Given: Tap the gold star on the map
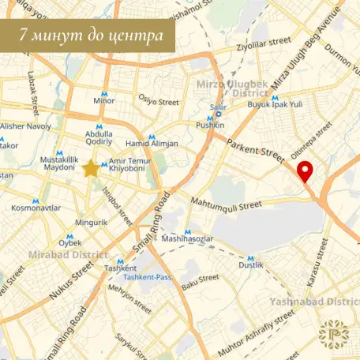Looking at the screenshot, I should (x=91, y=168).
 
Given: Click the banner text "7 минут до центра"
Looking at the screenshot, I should (x=88, y=36).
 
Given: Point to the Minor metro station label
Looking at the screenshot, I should (x=103, y=101).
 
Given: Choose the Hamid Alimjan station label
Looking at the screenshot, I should (x=152, y=143).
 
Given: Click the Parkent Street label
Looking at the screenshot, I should (x=253, y=149).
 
